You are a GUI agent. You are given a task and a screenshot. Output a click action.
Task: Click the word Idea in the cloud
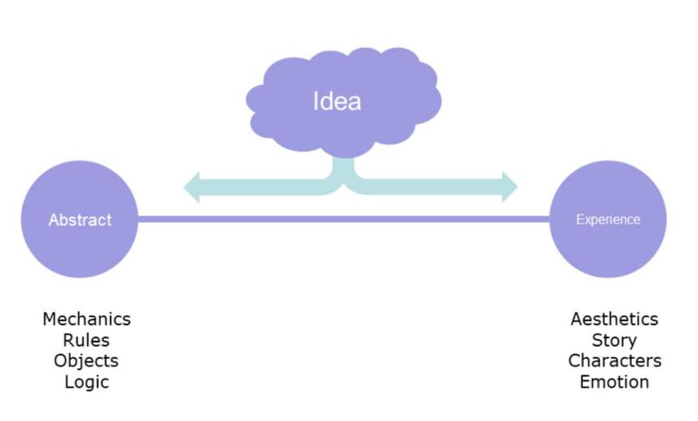coord(337,101)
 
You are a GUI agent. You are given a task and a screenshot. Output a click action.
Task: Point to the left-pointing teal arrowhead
coord(192,187)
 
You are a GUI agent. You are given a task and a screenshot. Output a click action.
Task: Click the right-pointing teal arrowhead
coord(510,187)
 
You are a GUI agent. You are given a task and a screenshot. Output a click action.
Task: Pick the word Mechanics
coord(86,319)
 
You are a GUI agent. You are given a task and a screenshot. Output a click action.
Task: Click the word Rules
coord(86,340)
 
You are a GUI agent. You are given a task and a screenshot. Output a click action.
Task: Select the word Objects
coord(86,361)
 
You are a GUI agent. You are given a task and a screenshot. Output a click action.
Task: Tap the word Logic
coord(86,382)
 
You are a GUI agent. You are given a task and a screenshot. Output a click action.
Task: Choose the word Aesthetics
coord(614,319)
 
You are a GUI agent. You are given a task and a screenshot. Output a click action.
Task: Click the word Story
coord(614,340)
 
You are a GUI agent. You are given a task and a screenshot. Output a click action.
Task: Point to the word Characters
coord(614,361)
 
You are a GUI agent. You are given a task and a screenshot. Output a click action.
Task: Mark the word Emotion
coord(614,382)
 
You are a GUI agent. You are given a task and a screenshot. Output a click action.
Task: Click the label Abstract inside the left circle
coord(80,219)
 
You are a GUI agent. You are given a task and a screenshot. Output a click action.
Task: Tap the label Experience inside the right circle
coord(607,219)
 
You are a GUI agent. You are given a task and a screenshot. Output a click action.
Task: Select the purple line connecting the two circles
coord(342,219)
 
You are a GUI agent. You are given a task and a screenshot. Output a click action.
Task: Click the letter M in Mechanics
coord(50,319)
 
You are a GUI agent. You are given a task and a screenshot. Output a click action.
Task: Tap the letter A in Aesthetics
coord(576,319)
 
